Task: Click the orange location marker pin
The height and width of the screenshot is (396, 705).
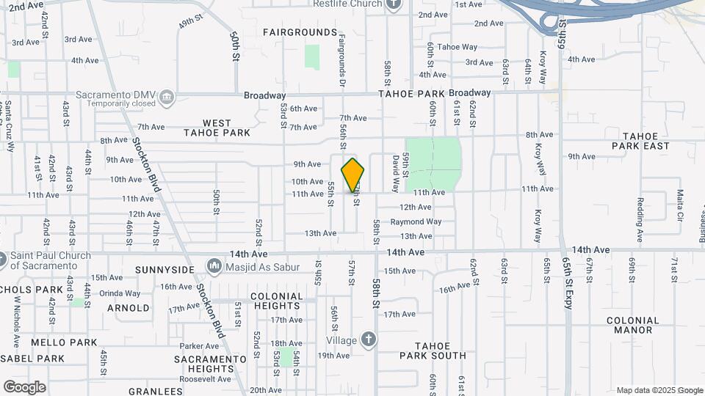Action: pyautogui.click(x=353, y=175)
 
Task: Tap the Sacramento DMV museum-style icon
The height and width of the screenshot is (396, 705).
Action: pyautogui.click(x=167, y=96)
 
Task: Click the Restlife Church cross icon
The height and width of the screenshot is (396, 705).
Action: pyautogui.click(x=394, y=4)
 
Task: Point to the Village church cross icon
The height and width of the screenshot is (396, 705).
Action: pyautogui.click(x=368, y=340)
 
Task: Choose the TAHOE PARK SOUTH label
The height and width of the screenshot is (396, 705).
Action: pyautogui.click(x=433, y=351)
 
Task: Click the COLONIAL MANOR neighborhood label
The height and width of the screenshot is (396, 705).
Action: pyautogui.click(x=633, y=325)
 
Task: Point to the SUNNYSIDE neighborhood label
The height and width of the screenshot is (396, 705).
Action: pyautogui.click(x=164, y=270)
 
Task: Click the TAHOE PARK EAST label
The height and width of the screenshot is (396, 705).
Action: pyautogui.click(x=646, y=141)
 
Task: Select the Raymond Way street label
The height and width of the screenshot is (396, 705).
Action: pyautogui.click(x=416, y=221)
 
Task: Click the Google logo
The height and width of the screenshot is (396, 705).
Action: pyautogui.click(x=24, y=386)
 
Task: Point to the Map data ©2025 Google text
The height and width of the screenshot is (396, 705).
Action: pyautogui.click(x=658, y=390)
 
